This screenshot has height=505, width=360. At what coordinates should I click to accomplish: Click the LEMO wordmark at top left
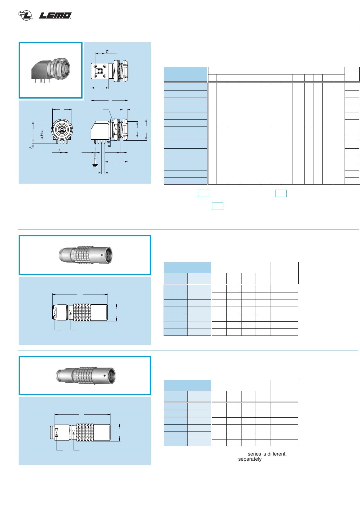coord(55,15)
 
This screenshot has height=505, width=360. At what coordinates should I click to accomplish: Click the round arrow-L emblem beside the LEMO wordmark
coord(25,15)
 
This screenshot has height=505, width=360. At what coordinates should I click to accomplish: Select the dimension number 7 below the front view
coord(59,150)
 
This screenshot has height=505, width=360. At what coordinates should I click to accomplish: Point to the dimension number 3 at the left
coord(31,147)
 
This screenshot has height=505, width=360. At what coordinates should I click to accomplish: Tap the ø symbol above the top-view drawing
coord(107,51)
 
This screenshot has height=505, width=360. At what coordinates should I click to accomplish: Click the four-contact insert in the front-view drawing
coord(61,130)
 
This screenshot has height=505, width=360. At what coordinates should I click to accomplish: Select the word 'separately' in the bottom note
coord(250,459)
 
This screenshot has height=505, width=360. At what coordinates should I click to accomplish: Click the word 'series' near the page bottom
coord(254,454)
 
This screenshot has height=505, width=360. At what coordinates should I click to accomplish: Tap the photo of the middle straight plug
coord(85,255)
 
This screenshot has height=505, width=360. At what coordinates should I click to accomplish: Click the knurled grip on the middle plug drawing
coord(82,312)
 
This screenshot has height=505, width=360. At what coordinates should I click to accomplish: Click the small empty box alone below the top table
coord(217,206)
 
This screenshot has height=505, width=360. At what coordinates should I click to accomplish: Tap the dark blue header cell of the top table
coord(185,74)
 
